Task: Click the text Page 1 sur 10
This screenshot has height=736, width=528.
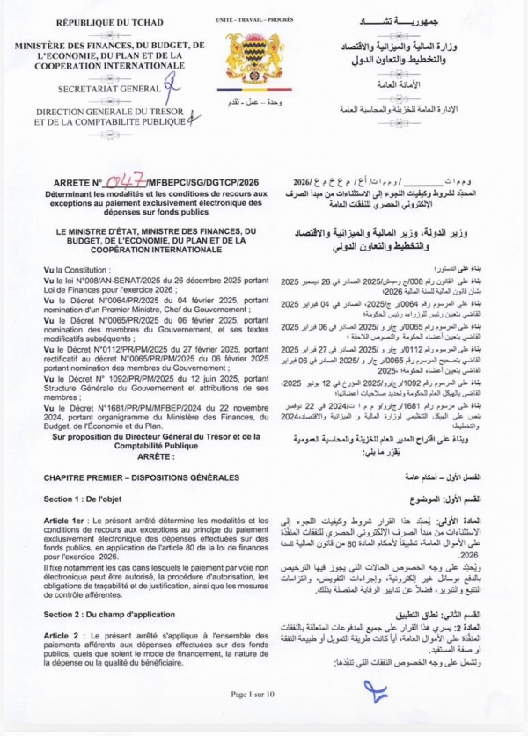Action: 261,718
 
